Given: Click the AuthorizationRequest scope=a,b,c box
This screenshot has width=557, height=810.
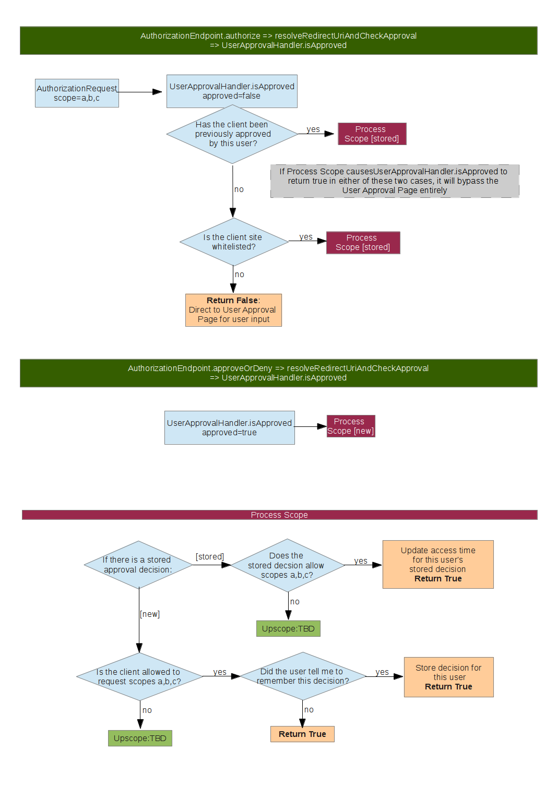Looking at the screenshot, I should (x=77, y=93).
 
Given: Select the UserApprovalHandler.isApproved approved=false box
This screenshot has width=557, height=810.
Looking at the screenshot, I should (x=232, y=91).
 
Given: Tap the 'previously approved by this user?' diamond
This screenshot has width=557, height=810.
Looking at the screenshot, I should (x=232, y=134).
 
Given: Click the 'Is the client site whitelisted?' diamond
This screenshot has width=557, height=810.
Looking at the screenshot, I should (x=233, y=242).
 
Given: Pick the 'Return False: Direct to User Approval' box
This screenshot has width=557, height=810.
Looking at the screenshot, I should (x=233, y=310).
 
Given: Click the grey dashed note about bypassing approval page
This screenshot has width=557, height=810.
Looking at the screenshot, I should (x=394, y=181).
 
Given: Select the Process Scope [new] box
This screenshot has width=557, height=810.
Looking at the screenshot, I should (x=351, y=426).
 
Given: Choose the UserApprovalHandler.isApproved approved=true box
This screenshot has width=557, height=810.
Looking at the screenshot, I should (x=229, y=428).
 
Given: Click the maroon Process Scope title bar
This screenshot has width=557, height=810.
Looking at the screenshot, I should (x=279, y=515).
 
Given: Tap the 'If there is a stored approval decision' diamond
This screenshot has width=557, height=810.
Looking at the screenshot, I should (x=138, y=565).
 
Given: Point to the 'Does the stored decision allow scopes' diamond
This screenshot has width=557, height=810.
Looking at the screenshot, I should (x=287, y=565).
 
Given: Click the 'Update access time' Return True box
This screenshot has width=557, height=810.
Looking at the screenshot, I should (x=438, y=565).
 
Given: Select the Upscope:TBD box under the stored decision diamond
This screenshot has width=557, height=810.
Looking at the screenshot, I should (x=288, y=629).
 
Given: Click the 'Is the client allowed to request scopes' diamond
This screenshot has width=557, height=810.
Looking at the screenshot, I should (x=139, y=677).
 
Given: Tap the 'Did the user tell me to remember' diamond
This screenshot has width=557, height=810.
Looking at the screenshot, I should (x=303, y=676).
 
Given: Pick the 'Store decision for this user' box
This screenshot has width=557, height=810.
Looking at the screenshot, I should (x=448, y=677).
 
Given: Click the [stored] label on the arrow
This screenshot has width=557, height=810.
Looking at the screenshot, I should (x=210, y=557).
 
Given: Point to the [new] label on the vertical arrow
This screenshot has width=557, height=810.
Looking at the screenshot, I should (x=150, y=614).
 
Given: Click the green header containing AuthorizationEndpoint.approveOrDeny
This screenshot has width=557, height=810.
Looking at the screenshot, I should (x=278, y=373).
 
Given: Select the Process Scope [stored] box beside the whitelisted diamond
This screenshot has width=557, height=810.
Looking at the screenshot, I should (x=363, y=243).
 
